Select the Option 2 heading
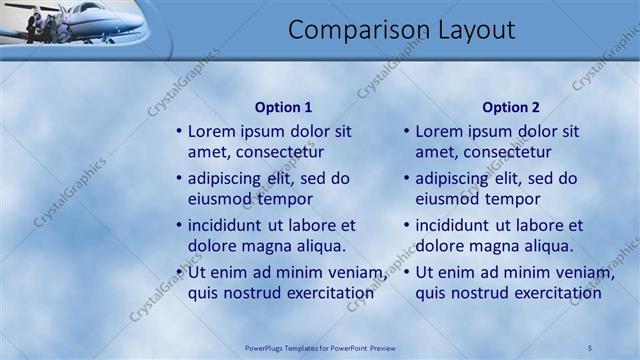tap(510, 107)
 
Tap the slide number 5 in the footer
tap(590, 347)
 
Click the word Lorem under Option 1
tap(213, 131)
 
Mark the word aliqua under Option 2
tap(545, 245)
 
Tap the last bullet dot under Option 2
tap(406, 273)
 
